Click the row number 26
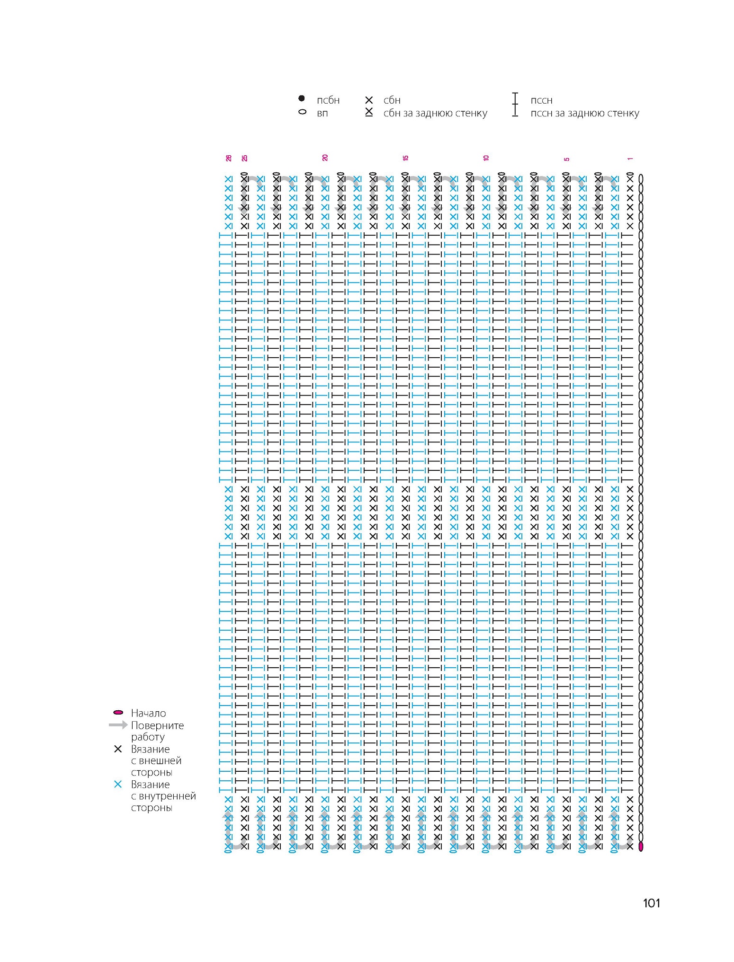click(229, 158)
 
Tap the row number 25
click(245, 158)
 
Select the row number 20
click(325, 158)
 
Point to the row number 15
click(406, 158)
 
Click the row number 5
click(567, 159)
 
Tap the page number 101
click(652, 903)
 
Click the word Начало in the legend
click(149, 713)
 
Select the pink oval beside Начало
click(118, 713)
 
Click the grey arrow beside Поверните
click(118, 725)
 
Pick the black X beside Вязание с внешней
click(118, 749)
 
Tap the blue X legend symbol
click(118, 784)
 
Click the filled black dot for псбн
click(302, 98)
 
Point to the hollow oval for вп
click(302, 113)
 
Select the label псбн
click(328, 100)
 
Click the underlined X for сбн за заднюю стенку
click(369, 112)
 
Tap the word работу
click(148, 737)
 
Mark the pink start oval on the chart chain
click(641, 847)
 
